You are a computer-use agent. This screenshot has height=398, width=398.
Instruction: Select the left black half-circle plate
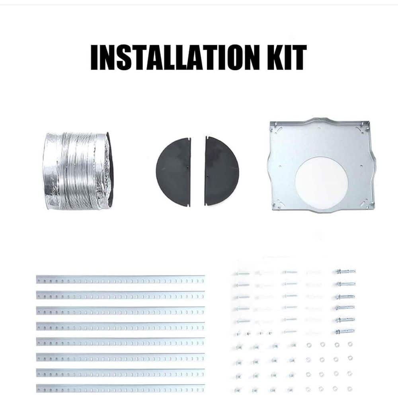[x=173, y=172]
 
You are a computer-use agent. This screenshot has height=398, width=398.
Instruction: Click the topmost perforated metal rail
[x=120, y=279]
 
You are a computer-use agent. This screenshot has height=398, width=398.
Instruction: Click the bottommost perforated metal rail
[x=120, y=388]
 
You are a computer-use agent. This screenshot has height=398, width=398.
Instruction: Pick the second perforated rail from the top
[x=120, y=295]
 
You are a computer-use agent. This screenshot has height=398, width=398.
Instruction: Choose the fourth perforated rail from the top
[x=120, y=326]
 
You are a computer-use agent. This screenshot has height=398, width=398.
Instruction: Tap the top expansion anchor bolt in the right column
[x=345, y=272]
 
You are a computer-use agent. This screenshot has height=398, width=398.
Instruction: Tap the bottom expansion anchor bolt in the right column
[x=345, y=331]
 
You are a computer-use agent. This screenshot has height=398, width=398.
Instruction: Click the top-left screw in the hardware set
[x=242, y=274]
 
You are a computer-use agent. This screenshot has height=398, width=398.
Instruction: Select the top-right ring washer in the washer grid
[x=350, y=344]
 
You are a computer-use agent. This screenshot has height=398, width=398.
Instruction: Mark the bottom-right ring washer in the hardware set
[x=349, y=389]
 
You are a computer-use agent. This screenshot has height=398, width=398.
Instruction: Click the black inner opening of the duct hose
[x=110, y=169]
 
